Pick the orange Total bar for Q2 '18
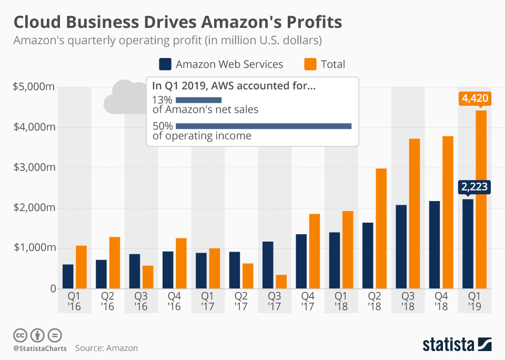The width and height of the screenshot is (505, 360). coord(381,228)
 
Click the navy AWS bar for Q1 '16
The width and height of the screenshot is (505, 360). coord(68,276)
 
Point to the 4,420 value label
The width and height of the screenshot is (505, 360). coord(474,98)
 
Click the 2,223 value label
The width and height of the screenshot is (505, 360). coord(474,186)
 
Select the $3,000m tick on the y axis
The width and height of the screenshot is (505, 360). coord(34,167)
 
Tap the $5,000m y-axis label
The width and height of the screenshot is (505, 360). coord(34,87)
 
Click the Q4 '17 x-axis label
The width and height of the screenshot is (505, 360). coord(308,302)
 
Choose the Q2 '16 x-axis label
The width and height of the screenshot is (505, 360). coord(108,302)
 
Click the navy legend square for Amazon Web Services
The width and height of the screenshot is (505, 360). coord(165,64)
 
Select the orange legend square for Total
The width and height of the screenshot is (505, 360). coord(310,64)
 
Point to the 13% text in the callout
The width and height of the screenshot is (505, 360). coord(162,100)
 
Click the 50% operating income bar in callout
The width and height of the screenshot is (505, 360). coord(264,126)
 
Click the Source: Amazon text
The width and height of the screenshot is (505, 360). coord(106,348)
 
